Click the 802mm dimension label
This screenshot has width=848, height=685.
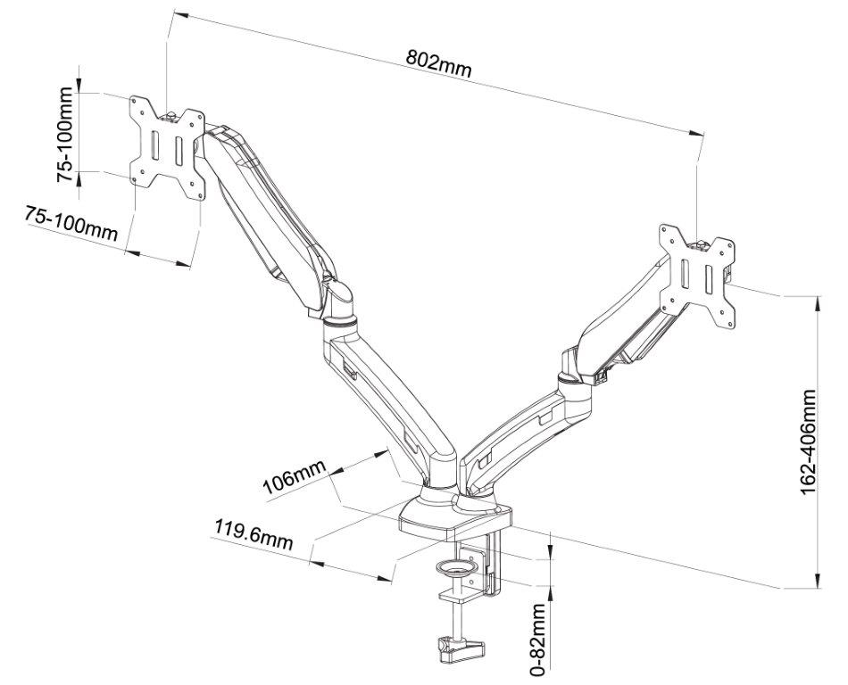coord(438,62)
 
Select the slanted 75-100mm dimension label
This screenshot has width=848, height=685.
coord(71,223)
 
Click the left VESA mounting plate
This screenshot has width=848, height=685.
coord(167,146)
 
